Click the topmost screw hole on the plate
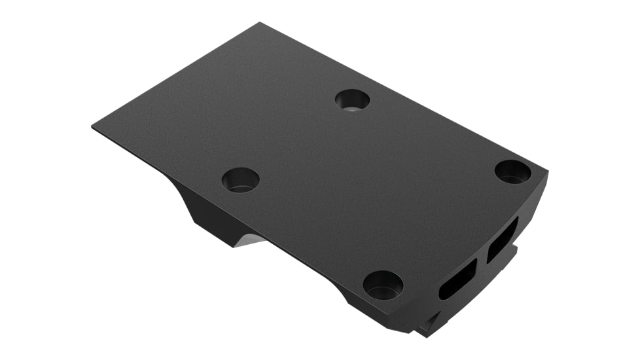352,100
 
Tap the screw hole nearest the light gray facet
240,179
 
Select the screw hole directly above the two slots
513,171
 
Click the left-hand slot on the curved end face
457,279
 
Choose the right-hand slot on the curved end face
502,240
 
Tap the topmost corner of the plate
260,24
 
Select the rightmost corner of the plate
547,173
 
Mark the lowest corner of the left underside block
233,247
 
